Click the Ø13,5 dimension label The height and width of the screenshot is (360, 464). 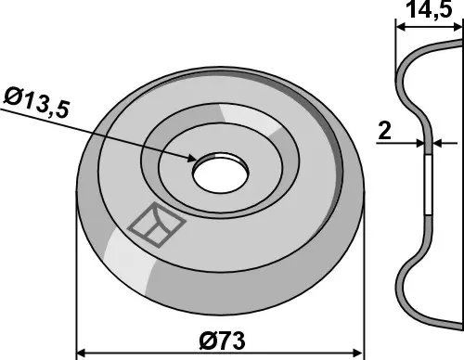point(35,103)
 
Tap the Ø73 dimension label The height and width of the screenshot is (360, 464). point(222,341)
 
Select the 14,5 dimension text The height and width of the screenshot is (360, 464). point(431,9)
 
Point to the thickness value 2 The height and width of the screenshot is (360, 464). point(384,131)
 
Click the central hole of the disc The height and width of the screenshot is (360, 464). point(221,172)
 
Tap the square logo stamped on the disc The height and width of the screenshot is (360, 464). point(157,225)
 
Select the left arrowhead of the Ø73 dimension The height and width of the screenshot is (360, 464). point(81,353)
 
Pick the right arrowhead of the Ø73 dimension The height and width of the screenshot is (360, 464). point(357,353)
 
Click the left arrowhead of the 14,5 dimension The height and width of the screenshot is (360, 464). point(401,27)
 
